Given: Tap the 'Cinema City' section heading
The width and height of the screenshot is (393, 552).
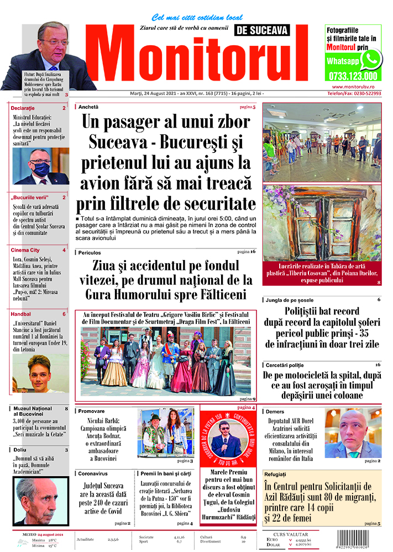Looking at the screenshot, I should pyautogui.click(x=25, y=250).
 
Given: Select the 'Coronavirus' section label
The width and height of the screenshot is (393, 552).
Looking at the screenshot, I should pyautogui.click(x=93, y=473).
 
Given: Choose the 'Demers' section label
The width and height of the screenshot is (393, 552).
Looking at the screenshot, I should pyautogui.click(x=275, y=412).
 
